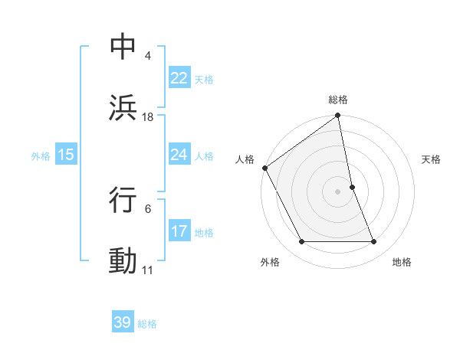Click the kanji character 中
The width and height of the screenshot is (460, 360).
click(123, 47)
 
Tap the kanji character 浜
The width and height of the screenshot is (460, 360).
click(123, 107)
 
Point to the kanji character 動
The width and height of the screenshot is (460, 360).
click(123, 261)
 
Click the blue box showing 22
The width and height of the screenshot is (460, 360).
click(179, 78)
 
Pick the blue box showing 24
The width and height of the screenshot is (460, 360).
click(179, 155)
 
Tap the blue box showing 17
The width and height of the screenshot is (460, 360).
click(179, 231)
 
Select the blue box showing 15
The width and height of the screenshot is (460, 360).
click(65, 155)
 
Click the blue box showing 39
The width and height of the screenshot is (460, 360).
click(123, 322)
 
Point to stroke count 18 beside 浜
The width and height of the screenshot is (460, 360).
click(148, 117)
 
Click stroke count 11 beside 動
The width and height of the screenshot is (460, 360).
click(147, 270)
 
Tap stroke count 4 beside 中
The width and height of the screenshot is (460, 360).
click(147, 56)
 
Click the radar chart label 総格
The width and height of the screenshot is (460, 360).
click(338, 100)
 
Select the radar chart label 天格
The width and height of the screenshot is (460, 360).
click(431, 159)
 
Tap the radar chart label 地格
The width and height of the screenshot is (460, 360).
click(402, 262)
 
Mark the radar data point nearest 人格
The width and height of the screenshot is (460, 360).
click(264, 168)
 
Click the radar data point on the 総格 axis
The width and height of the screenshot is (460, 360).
click(338, 116)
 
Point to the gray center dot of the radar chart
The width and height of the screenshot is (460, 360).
click(338, 191)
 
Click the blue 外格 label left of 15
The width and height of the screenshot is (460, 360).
click(41, 155)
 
